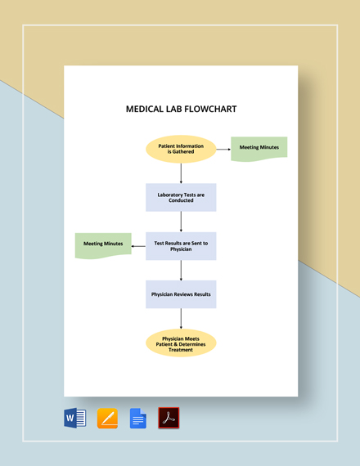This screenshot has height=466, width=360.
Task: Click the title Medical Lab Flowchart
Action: tap(181, 109)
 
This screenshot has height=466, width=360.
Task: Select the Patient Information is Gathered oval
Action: tap(181, 149)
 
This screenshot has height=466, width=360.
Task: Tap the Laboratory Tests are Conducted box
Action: tap(181, 197)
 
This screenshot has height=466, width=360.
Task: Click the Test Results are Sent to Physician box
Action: tap(181, 245)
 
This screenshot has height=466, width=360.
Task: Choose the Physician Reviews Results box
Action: tap(181, 294)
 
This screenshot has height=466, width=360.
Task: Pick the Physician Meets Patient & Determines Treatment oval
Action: tap(181, 343)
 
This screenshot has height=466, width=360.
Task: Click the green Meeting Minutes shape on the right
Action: tap(259, 148)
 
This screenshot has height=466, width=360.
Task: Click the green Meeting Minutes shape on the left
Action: tap(103, 244)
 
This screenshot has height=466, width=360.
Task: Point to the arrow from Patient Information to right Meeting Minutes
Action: tap(223, 148)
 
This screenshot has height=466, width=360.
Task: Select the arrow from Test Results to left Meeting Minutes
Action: tap(138, 244)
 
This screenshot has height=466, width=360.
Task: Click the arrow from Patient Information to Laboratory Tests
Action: tap(181, 173)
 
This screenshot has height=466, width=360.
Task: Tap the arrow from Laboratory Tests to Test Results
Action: tap(181, 222)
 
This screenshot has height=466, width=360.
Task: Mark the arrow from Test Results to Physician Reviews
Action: tap(181, 270)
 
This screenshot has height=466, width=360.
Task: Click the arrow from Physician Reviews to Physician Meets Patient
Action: tap(181, 319)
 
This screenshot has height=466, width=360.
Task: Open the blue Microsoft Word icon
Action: tap(74, 419)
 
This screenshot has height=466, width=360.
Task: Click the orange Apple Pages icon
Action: tap(107, 419)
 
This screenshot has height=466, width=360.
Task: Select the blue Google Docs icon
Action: tap(138, 419)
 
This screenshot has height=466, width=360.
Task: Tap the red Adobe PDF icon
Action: tap(169, 419)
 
